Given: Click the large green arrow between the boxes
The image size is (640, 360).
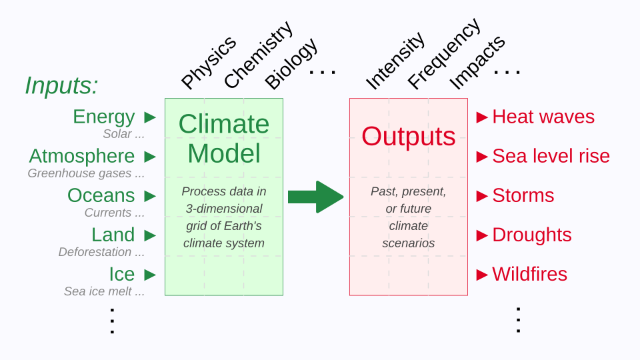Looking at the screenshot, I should pos(315,197).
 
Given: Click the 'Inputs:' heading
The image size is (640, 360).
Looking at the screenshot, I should pos(61,85).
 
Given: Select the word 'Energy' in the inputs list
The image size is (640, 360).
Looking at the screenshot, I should pos(103,117).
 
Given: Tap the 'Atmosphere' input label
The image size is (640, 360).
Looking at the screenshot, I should pos(81,156).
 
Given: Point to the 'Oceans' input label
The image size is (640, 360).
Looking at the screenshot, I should pos(101,195).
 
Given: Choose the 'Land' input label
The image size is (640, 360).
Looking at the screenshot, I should pos(113,235).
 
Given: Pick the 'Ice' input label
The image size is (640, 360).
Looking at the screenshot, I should pos(121,274).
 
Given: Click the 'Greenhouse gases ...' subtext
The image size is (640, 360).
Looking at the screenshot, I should pos(86,173).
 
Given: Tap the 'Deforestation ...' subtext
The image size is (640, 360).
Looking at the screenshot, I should pos(101,252).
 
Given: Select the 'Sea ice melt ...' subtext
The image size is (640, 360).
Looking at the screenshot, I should pos(104,291).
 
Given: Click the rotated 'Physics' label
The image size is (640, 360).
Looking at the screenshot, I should pos(209,62).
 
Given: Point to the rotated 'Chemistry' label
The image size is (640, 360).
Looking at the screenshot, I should pos(257,55).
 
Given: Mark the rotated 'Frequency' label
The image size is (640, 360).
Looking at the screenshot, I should pos(443,53).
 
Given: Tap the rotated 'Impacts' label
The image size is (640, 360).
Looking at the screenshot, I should pos(477,61).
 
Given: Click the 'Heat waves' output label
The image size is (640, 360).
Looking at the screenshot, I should pos(543,117).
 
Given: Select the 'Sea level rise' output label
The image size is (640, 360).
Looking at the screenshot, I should pos(551,156).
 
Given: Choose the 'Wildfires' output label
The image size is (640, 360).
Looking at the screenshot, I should pos(529,274).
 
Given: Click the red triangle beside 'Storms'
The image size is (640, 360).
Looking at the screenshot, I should pos(482,195).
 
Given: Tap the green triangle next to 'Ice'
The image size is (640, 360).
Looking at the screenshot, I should pos(150,274).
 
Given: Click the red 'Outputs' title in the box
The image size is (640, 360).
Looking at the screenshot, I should pos(408,137).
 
